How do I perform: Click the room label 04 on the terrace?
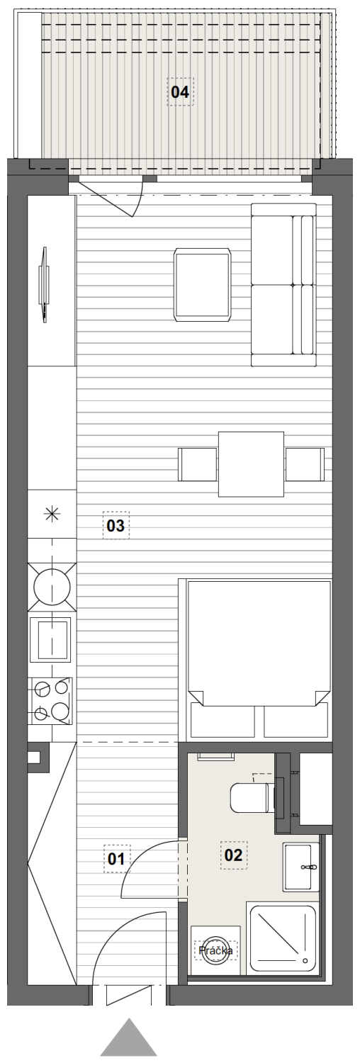(x=180, y=92)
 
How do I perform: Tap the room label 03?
(x=116, y=525)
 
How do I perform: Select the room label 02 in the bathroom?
(x=233, y=855)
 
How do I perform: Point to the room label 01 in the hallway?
(x=117, y=858)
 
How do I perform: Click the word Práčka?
(x=216, y=950)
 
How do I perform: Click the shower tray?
(x=283, y=932)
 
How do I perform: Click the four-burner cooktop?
(x=52, y=700)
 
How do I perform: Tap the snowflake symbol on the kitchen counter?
(x=51, y=514)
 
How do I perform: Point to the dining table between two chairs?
(x=251, y=463)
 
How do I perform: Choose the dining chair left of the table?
(x=198, y=464)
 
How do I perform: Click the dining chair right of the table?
(x=305, y=464)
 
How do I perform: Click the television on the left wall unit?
(x=45, y=285)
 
